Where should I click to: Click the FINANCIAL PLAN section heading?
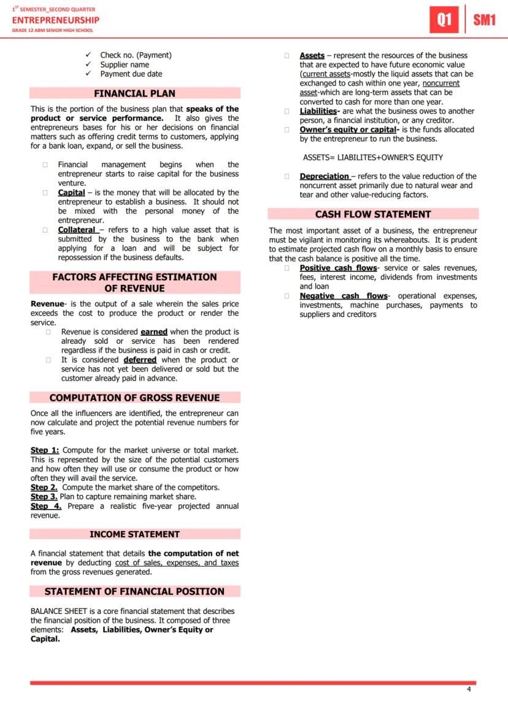click(134, 93)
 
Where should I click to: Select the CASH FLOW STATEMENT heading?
click(373, 214)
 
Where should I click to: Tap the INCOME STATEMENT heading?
click(134, 534)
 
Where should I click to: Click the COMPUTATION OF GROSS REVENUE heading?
click(134, 398)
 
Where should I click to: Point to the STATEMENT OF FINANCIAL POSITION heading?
click(134, 591)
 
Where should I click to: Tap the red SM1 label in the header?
click(484, 20)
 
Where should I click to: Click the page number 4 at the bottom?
click(469, 689)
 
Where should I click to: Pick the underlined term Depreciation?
click(324, 176)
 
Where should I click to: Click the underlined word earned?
click(153, 332)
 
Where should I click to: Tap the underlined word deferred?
click(140, 360)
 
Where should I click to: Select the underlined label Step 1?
click(45, 451)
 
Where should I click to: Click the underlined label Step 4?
click(46, 506)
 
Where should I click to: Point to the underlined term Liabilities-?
click(318, 111)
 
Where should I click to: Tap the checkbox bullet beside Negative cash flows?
click(287, 296)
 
